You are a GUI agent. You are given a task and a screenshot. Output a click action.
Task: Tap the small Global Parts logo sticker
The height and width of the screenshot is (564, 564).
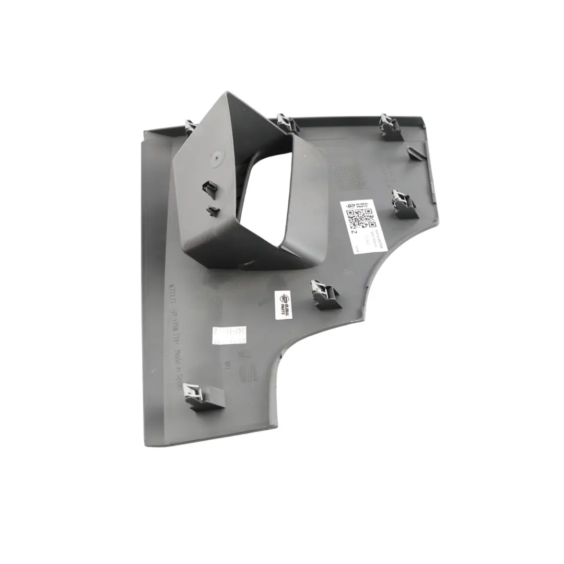pos(286,303)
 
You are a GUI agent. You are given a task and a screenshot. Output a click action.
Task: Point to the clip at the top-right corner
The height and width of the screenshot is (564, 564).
pos(390,126)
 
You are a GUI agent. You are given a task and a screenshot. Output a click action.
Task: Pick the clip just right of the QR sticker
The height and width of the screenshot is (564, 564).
pos(404,204)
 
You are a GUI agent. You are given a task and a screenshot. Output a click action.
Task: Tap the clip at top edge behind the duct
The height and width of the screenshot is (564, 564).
pos(287,124)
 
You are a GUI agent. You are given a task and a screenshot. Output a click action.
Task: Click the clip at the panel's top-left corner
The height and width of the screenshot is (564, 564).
pos(190,127)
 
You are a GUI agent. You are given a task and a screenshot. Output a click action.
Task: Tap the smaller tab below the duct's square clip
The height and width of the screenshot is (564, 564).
pos(213,210)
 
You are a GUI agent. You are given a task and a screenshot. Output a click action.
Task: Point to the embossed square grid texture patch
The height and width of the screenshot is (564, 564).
pos(349,178)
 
